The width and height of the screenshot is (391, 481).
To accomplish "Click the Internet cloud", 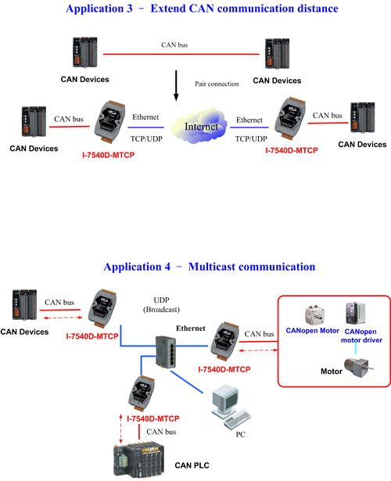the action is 200,125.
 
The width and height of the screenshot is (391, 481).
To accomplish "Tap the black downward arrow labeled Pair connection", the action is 176,85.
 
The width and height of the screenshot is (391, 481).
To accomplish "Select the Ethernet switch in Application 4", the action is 165,351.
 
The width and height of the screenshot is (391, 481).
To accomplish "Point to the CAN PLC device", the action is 139,459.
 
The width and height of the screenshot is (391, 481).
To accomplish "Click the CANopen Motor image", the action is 314,315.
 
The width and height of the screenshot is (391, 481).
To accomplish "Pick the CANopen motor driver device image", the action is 356,313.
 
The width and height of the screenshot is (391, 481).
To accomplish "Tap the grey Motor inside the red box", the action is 358,367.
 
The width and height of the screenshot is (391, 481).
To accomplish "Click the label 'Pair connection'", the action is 217,84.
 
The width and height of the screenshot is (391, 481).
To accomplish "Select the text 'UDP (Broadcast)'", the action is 161,304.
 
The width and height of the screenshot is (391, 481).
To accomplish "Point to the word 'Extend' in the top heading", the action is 168,9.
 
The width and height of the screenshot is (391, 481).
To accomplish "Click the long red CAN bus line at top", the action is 181,54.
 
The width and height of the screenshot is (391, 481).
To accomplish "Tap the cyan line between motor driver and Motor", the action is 356,349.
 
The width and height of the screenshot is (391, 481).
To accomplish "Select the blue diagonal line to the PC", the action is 186,382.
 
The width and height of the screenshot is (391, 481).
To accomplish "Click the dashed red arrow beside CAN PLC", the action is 121,429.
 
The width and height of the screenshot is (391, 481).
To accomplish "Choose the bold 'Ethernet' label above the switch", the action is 191,328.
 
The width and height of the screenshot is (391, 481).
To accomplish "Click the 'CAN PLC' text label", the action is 192,465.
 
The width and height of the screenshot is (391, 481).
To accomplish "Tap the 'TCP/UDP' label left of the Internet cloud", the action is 146,139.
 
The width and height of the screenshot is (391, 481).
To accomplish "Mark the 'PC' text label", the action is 240,434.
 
